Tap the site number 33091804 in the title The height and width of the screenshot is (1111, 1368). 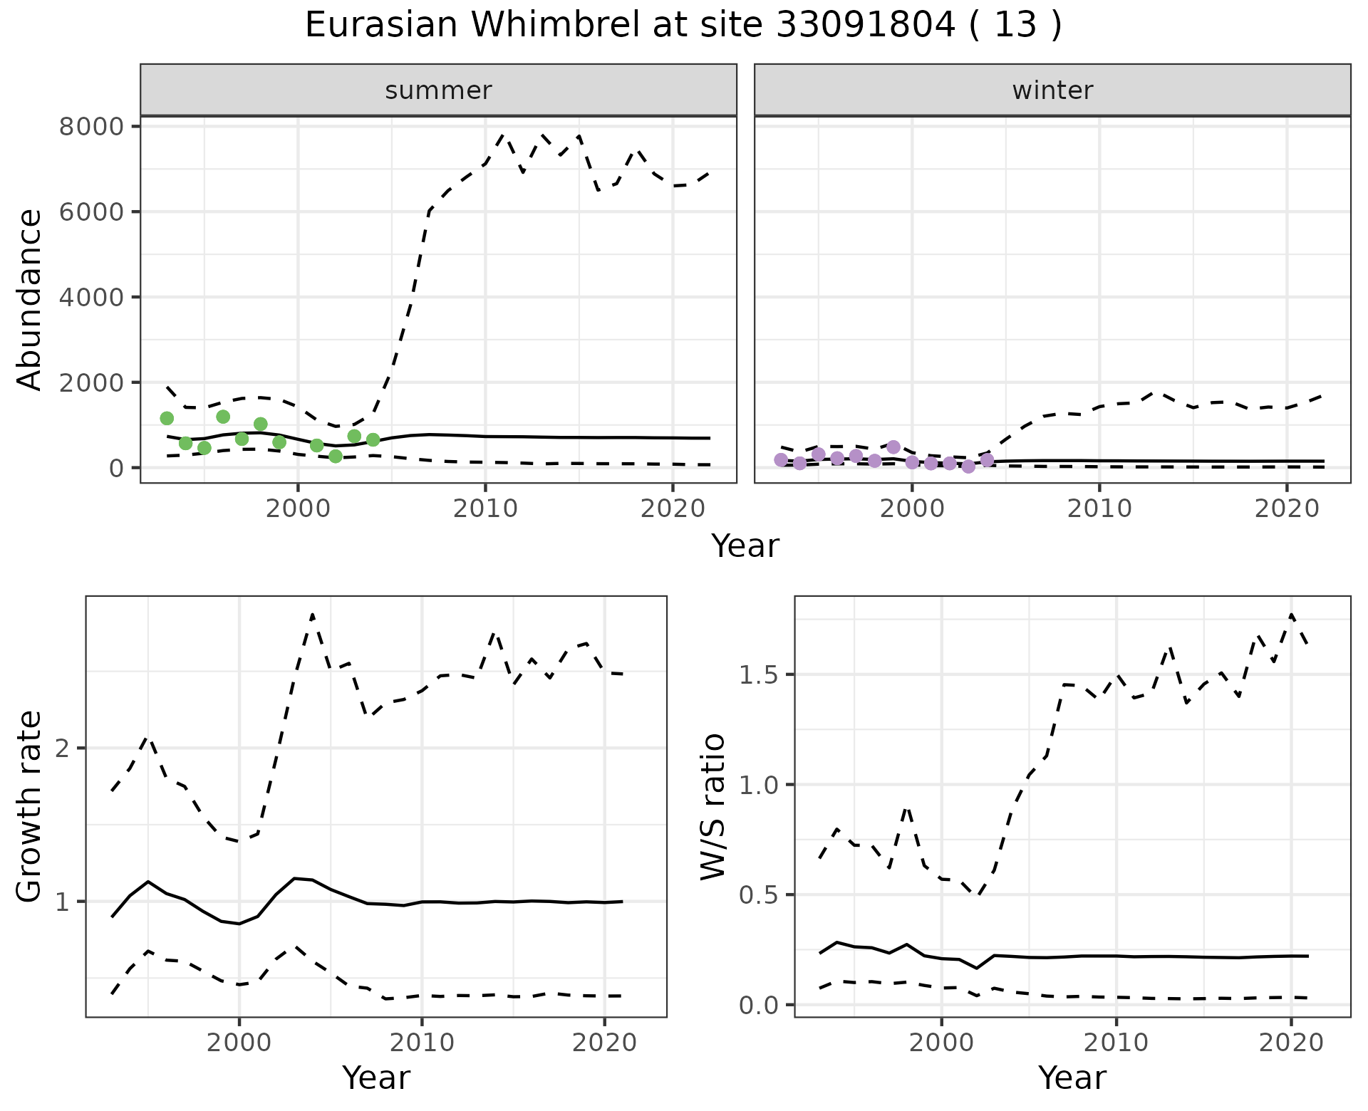[865, 26]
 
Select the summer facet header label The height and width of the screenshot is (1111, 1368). [438, 90]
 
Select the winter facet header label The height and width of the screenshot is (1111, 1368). [1052, 90]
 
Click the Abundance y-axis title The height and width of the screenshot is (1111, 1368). [30, 299]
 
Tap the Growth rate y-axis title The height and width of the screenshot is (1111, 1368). [30, 807]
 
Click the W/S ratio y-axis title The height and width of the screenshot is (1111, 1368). [712, 807]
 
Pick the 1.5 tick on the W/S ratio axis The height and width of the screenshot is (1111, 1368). [760, 674]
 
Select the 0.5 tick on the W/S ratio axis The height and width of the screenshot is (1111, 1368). [760, 894]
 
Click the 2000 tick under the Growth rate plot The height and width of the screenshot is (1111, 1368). [239, 1043]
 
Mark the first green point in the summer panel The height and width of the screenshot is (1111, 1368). [167, 418]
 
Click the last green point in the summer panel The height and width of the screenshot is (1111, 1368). [373, 440]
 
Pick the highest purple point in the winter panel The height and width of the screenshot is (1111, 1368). [893, 447]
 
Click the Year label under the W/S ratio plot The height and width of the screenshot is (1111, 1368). [1072, 1078]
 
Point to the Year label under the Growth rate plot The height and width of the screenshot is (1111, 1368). [376, 1078]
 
